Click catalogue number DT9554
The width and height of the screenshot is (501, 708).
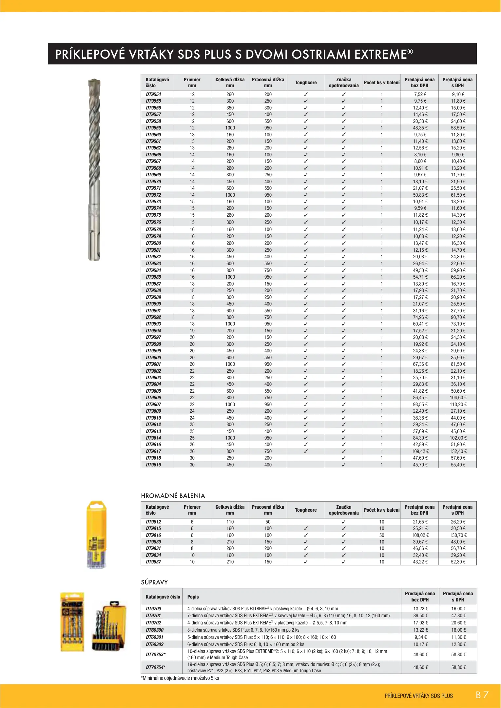[153, 94]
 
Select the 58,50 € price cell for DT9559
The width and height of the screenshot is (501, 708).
[458, 128]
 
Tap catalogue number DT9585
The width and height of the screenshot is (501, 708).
[153, 277]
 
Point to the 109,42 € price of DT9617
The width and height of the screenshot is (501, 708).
[420, 451]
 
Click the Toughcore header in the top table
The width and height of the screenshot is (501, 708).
[306, 83]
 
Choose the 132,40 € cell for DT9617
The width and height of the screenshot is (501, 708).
[458, 451]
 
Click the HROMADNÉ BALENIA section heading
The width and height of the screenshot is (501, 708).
[173, 496]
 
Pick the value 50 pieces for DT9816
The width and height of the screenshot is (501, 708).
[382, 535]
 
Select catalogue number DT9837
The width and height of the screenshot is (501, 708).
[153, 562]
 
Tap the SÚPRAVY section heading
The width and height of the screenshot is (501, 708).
[154, 582]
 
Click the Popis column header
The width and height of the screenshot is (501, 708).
[193, 597]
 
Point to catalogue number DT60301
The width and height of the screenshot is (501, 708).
[155, 637]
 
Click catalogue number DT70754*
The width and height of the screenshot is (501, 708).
[156, 667]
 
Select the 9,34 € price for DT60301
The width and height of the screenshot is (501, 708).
[420, 637]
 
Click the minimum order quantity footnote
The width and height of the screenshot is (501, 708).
[180, 678]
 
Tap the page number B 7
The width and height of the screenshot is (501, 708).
[482, 695]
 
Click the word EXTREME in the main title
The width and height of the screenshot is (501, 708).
[381, 54]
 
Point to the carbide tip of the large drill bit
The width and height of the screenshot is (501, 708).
[94, 82]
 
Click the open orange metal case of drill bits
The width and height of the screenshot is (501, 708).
[109, 626]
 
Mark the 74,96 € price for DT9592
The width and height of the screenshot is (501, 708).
[420, 317]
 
